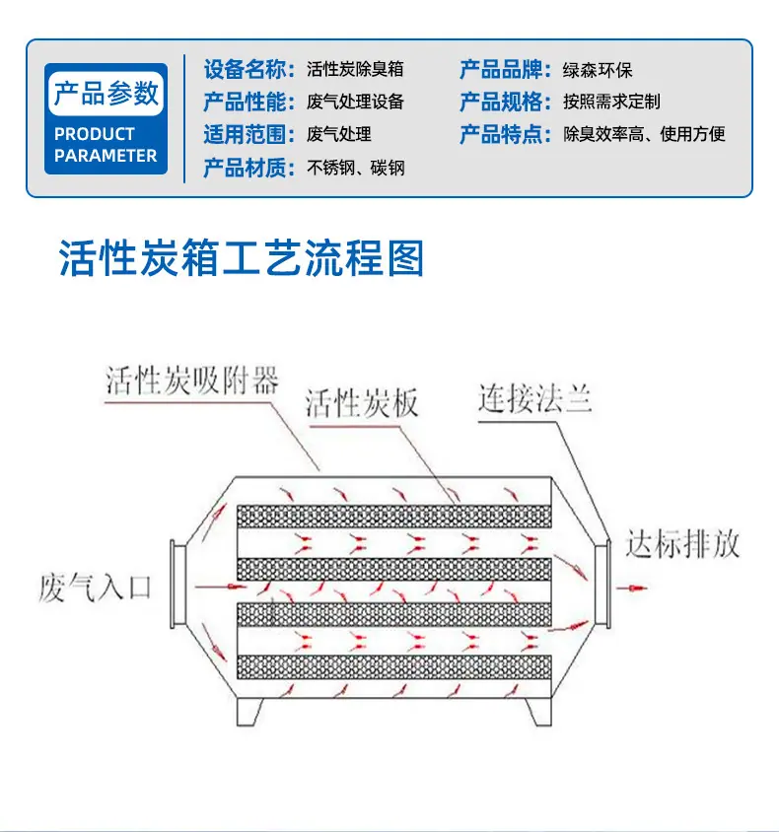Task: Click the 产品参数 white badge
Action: (106, 94)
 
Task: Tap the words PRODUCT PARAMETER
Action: (106, 144)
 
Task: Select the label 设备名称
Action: (248, 70)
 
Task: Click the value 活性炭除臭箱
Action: (355, 69)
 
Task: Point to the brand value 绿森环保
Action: (598, 70)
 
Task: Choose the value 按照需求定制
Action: (611, 102)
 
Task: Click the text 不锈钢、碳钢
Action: (356, 168)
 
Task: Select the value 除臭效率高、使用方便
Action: (644, 134)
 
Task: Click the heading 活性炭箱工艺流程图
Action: (241, 258)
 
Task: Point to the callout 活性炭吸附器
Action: (191, 380)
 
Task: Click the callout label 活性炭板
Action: (362, 403)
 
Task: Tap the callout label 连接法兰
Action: (534, 398)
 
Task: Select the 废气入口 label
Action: (95, 588)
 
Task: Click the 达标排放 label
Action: (683, 544)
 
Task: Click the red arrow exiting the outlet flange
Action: (631, 588)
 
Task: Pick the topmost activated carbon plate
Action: (393, 516)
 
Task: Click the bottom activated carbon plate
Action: (393, 667)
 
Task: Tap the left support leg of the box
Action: (249, 712)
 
